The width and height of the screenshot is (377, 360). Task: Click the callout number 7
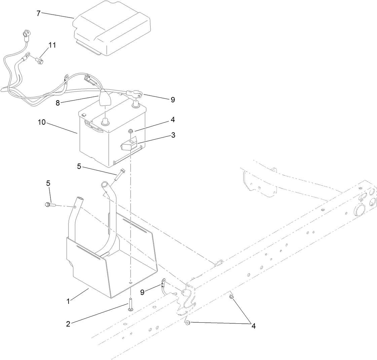point(38,13)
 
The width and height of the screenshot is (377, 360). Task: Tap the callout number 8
point(58,103)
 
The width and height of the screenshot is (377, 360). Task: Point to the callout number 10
point(42,122)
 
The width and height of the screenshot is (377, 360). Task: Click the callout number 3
point(173,135)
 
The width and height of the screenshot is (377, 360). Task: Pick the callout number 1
point(68,302)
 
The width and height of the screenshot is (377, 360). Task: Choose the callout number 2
point(68,324)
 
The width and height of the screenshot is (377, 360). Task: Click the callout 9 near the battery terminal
point(173,100)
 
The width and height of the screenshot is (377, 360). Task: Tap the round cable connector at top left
point(25,34)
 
